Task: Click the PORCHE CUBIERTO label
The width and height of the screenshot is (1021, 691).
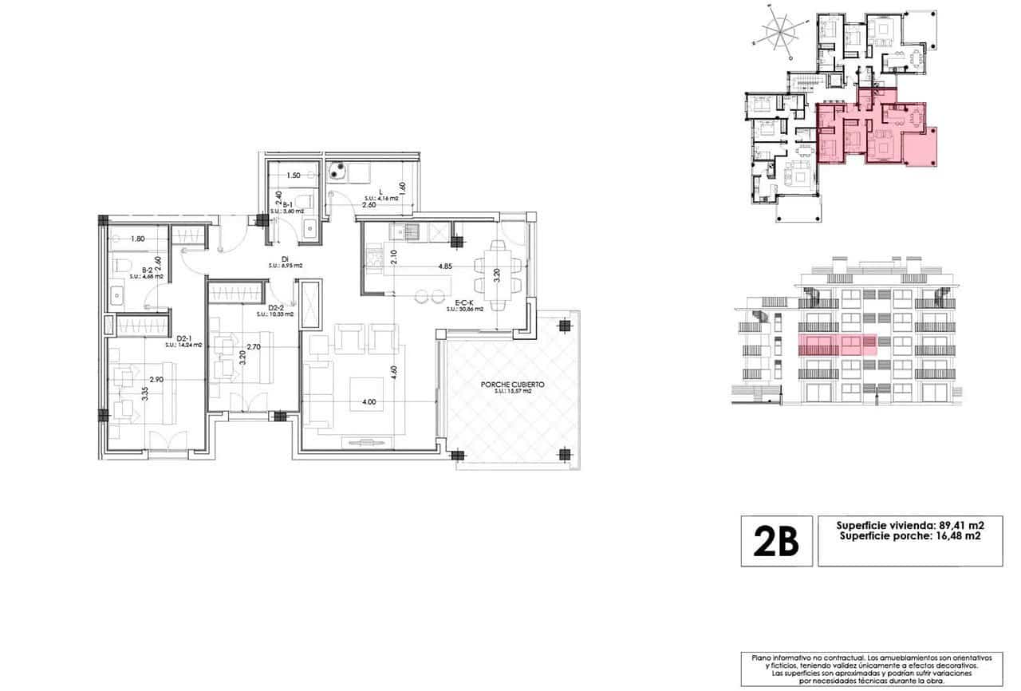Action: [511, 384]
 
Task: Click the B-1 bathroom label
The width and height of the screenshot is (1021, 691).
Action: [288, 205]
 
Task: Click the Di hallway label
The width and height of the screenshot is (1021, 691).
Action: [284, 259]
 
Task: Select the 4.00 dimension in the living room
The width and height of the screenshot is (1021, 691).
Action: [368, 402]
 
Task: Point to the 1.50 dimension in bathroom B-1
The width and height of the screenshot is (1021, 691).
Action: [292, 176]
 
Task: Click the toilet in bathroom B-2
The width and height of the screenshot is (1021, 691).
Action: [122, 265]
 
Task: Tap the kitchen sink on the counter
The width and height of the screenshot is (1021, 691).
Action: [412, 231]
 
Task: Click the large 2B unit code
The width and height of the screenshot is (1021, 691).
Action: [776, 541]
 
